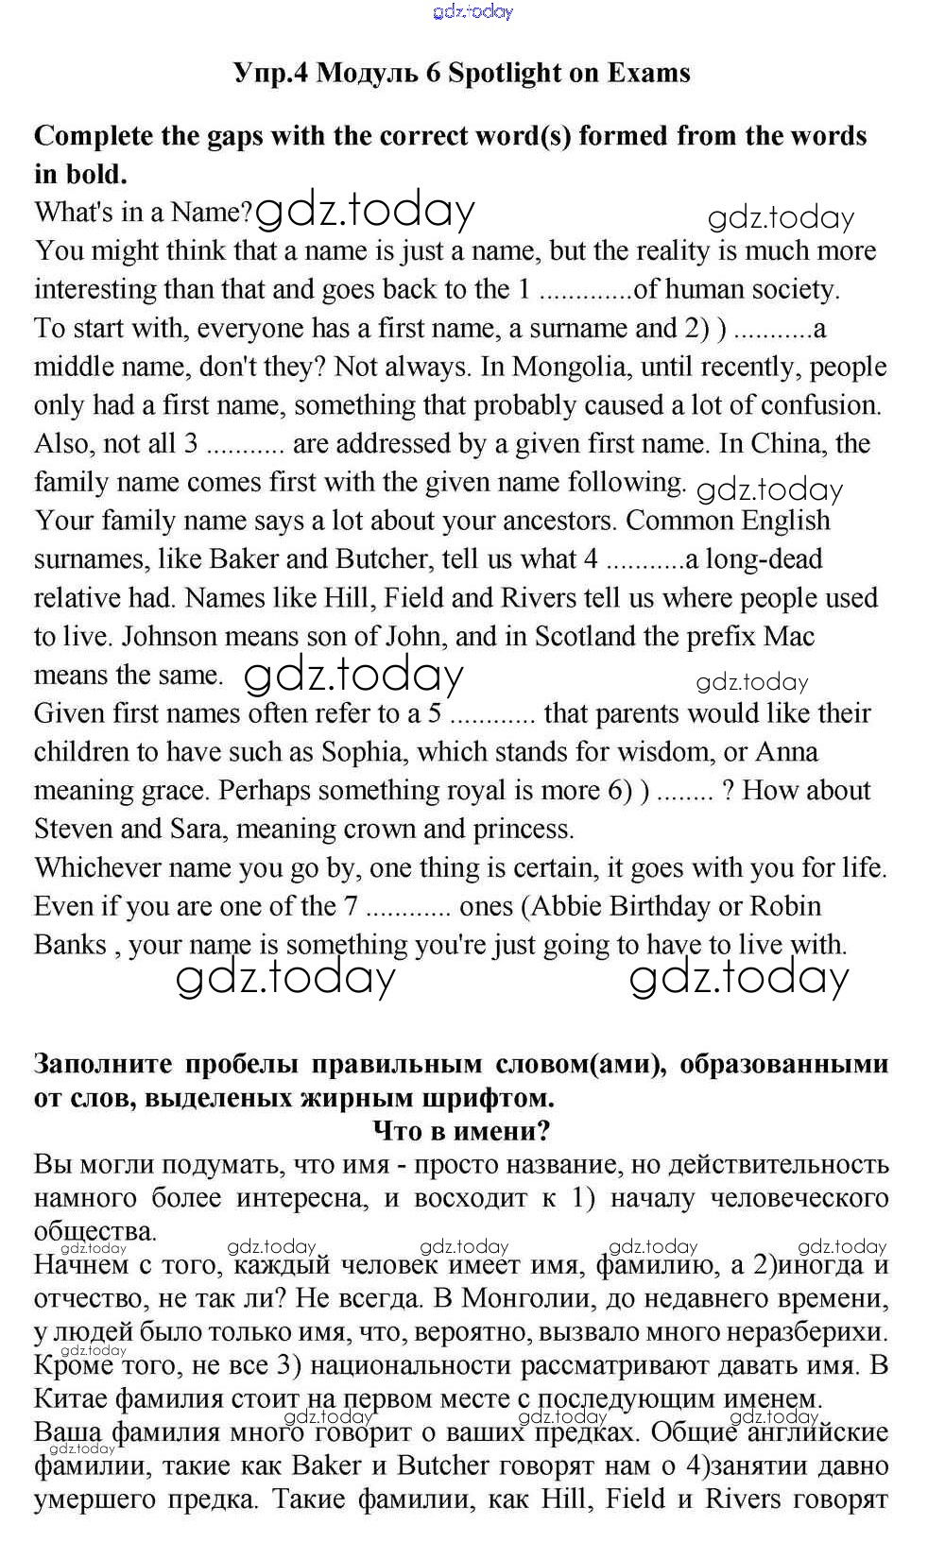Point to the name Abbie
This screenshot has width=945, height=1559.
pyautogui.click(x=569, y=906)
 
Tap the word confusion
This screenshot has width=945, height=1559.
pyautogui.click(x=821, y=405)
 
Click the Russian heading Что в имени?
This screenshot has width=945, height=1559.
pyautogui.click(x=462, y=1130)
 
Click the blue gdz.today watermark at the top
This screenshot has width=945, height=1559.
pyautogui.click(x=472, y=12)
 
